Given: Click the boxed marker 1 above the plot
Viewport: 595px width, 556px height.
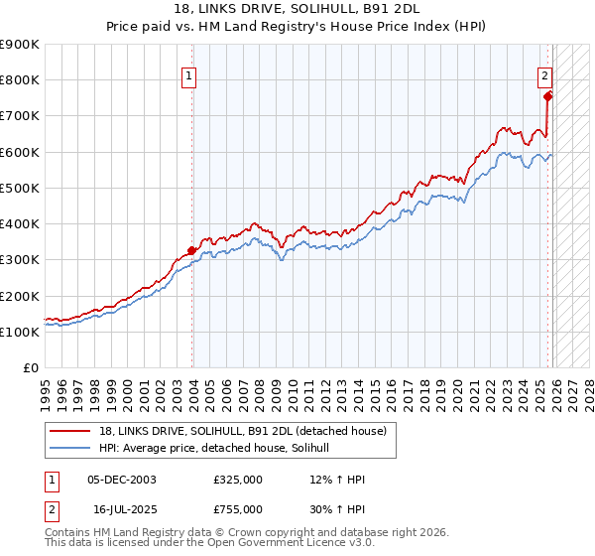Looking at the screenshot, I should [188, 73].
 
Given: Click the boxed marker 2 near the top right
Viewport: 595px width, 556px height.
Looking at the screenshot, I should [544, 73].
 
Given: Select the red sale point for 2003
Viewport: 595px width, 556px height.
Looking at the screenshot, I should [192, 251].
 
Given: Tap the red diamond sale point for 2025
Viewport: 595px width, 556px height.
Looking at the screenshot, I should [547, 96].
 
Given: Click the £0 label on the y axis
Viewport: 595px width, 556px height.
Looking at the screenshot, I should [31, 368].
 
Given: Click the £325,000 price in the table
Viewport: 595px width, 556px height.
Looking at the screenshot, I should [237, 480].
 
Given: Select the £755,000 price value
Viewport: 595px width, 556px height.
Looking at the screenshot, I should [237, 508].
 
